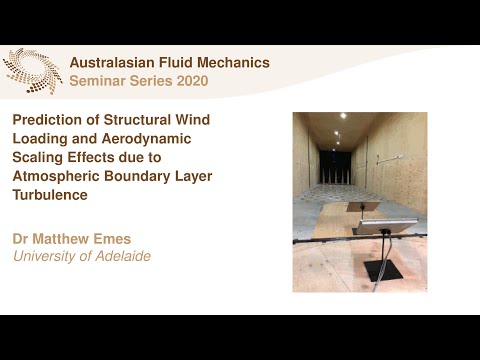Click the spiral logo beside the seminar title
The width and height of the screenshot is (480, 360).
click(x=33, y=70)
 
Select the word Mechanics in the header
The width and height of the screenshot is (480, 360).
click(x=235, y=62)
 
